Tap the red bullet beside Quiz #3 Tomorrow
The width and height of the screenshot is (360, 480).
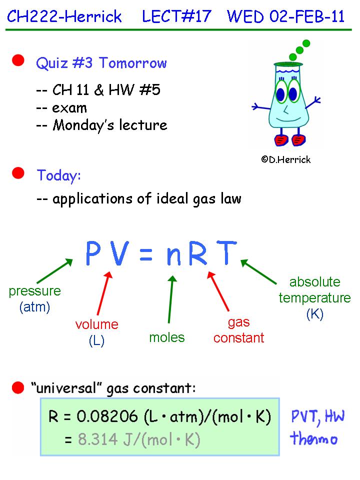pyautogui.click(x=18, y=61)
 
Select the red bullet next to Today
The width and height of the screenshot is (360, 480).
pyautogui.click(x=18, y=173)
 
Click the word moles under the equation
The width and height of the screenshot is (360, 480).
pyautogui.click(x=167, y=337)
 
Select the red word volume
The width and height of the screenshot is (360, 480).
pyautogui.click(x=97, y=324)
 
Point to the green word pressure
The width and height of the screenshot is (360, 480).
pyautogui.click(x=35, y=291)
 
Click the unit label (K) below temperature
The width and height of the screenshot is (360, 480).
pyautogui.click(x=314, y=314)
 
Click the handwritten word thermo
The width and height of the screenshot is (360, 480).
pyautogui.click(x=314, y=439)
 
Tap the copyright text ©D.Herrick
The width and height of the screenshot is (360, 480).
pyautogui.click(x=285, y=159)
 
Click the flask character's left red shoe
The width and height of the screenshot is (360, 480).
pyautogui.click(x=279, y=139)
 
